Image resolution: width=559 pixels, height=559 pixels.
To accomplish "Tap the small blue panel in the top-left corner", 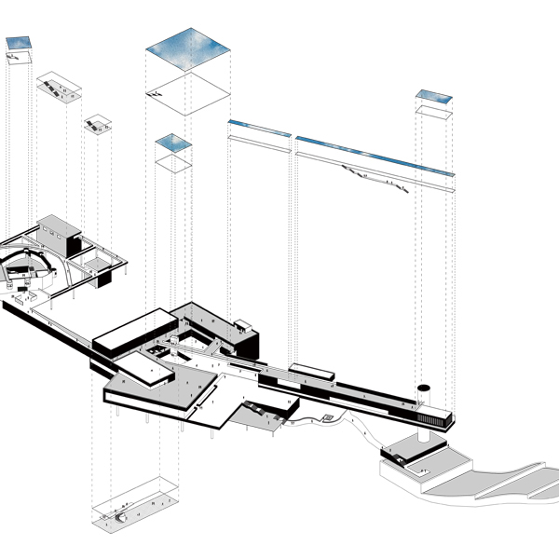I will click(x=20, y=43).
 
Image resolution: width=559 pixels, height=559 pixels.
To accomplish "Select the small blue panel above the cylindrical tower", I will click(x=434, y=96).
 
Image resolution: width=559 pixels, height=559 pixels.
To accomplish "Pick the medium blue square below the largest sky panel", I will click(x=173, y=143).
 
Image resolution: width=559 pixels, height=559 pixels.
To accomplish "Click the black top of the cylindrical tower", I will click(x=425, y=387).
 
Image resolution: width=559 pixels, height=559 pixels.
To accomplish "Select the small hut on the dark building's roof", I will click(x=243, y=325).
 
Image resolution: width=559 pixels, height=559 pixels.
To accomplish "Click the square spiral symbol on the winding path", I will click(x=328, y=416).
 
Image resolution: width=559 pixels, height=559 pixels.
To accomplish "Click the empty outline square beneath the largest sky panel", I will click(x=188, y=91).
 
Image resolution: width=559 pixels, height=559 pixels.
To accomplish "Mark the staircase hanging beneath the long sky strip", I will click(x=376, y=177).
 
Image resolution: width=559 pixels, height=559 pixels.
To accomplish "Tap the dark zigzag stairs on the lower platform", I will click(x=256, y=407).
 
